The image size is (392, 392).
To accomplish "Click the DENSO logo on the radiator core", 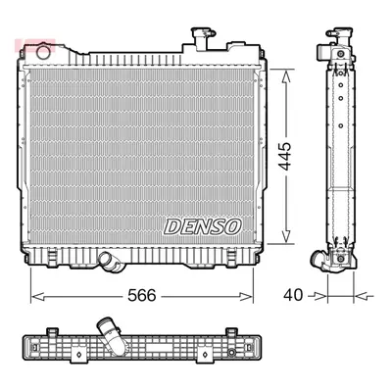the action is coord(203,226).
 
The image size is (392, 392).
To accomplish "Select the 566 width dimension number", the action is coord(142,296).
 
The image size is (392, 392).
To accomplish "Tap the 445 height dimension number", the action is coord(285,156).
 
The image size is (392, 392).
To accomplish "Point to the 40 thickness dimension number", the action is coord(293,295).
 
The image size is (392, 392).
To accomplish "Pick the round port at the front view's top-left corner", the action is coord(42,53).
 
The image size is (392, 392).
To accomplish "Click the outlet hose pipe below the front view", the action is coord(111,262).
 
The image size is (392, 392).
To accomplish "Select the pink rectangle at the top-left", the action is coord(35,45).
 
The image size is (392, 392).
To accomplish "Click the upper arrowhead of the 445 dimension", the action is coord(286,77).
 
